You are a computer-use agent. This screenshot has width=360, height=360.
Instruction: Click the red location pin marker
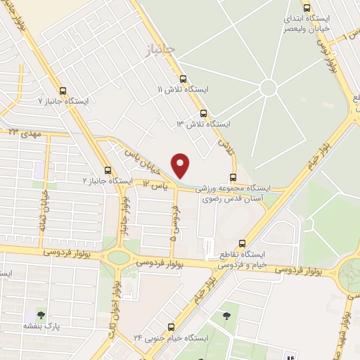point(181,165)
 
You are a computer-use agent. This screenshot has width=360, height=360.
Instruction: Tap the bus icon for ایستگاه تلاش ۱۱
point(184,79)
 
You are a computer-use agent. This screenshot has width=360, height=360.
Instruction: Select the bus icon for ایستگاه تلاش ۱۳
point(204,112)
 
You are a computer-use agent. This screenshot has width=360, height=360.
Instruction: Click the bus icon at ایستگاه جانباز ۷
point(63,91)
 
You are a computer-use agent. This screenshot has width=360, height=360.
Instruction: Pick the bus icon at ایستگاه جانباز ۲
point(108,170)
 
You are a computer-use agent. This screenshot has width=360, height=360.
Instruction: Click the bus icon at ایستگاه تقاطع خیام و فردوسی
point(243,242)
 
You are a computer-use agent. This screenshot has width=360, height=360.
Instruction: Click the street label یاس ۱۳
point(156,184)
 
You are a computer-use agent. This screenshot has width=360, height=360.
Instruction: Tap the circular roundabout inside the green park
point(268,88)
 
